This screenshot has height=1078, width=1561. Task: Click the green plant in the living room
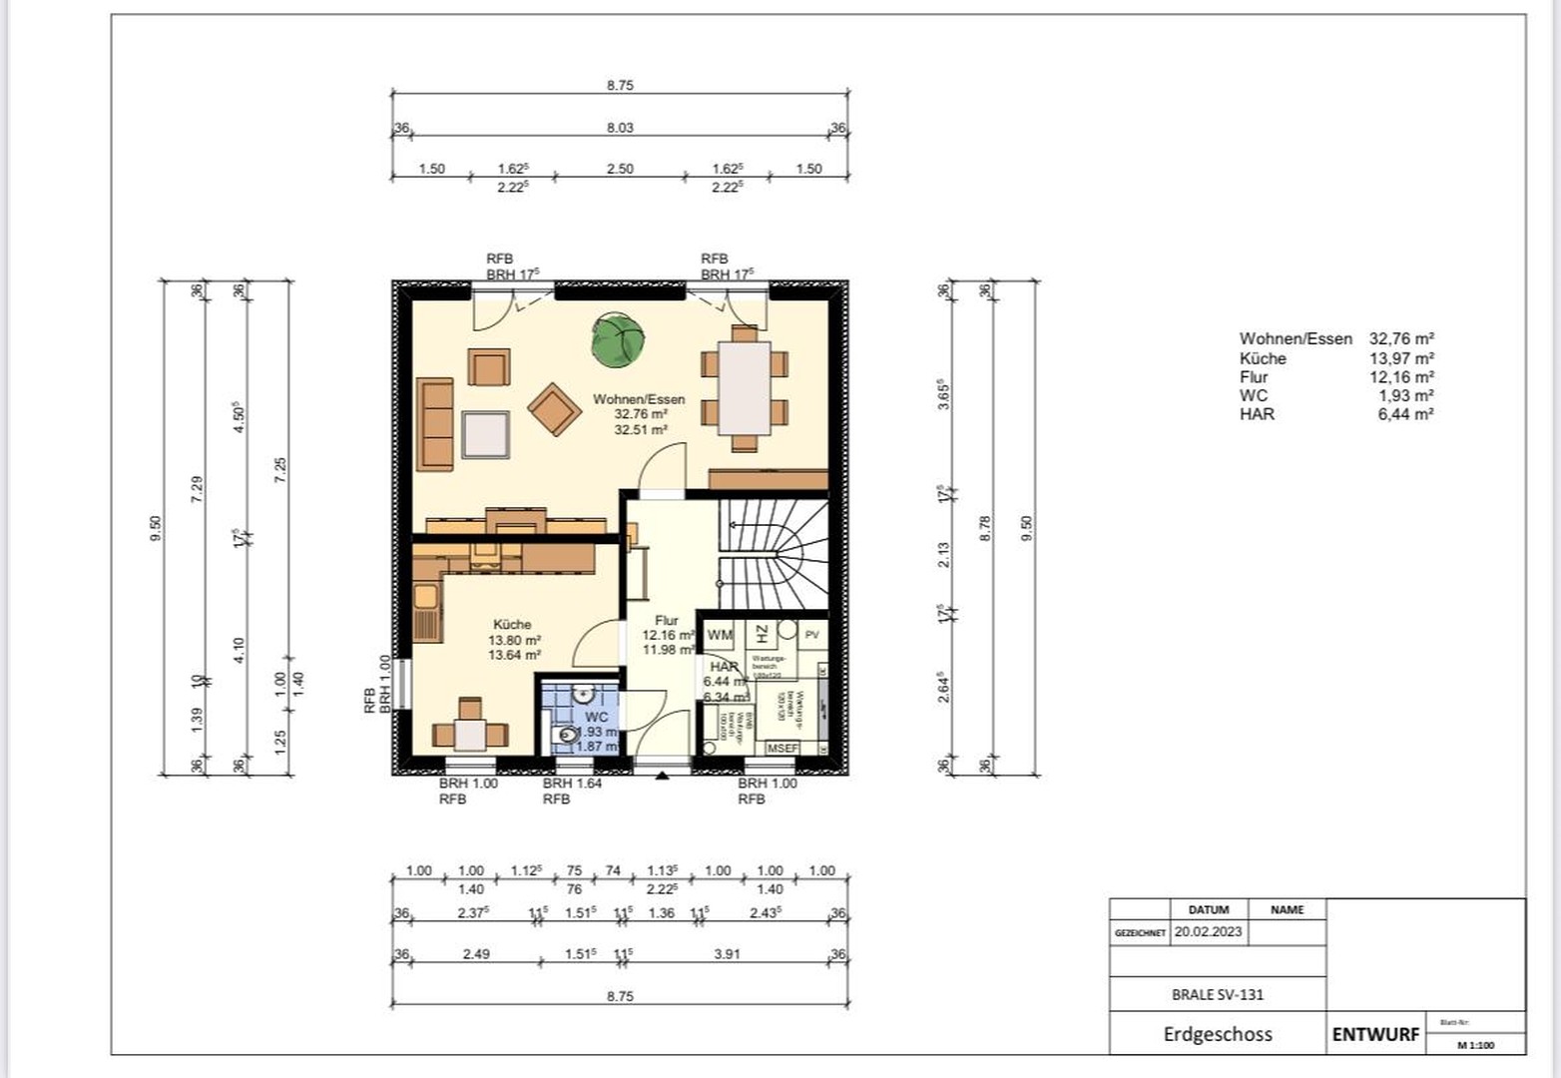[617, 339]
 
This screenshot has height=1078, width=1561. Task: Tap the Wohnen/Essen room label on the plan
[639, 399]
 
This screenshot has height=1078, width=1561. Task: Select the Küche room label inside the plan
[513, 625]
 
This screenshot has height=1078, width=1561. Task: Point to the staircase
[774, 555]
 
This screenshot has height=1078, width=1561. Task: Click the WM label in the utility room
[720, 635]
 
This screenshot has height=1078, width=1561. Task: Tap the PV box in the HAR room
[812, 634]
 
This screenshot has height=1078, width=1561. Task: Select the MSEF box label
[782, 748]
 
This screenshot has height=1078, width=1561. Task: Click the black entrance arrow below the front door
[662, 774]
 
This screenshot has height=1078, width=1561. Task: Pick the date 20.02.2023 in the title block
[1208, 931]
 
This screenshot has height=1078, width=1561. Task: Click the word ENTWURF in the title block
[1375, 1035]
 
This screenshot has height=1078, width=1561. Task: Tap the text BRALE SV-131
[1218, 994]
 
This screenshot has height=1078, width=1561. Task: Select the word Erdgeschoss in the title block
[1218, 1034]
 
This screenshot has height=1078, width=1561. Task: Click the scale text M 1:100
[1475, 1045]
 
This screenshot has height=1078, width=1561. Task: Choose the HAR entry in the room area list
[1257, 414]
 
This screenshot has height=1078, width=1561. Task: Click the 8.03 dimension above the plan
[620, 128]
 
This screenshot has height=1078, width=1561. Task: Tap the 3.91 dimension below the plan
[728, 954]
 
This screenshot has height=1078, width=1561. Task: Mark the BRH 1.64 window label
[572, 784]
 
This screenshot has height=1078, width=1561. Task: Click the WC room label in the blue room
[596, 718]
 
